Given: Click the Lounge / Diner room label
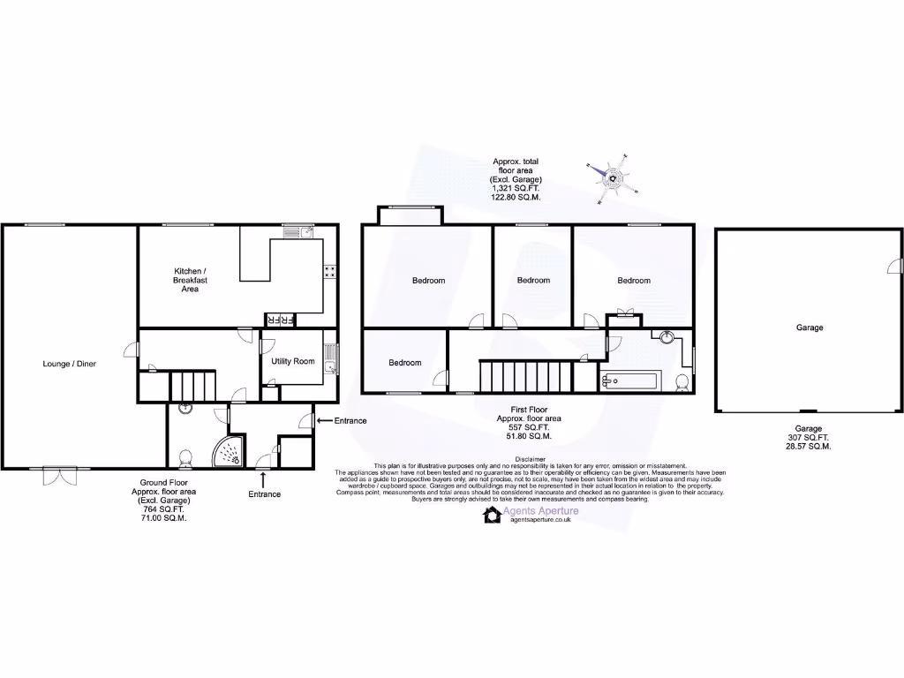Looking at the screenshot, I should [70, 363].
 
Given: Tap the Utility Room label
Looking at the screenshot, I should [293, 361].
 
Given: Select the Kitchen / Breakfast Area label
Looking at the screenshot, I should [190, 280].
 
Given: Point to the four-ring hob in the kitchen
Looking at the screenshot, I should [329, 272].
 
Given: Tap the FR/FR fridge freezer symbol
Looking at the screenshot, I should [281, 319].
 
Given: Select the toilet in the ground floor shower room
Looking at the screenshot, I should [185, 458].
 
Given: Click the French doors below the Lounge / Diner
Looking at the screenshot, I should [59, 477].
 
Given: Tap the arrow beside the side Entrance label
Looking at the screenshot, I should [322, 421].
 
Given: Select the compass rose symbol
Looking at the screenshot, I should [613, 178].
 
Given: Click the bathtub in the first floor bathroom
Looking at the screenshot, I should [629, 381].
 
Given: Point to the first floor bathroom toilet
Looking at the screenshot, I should [681, 382].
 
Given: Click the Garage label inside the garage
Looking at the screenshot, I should [809, 328].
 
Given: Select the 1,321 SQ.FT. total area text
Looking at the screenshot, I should [516, 188].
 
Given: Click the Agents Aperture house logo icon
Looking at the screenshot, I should [492, 515].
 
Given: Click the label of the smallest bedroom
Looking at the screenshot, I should [405, 363].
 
